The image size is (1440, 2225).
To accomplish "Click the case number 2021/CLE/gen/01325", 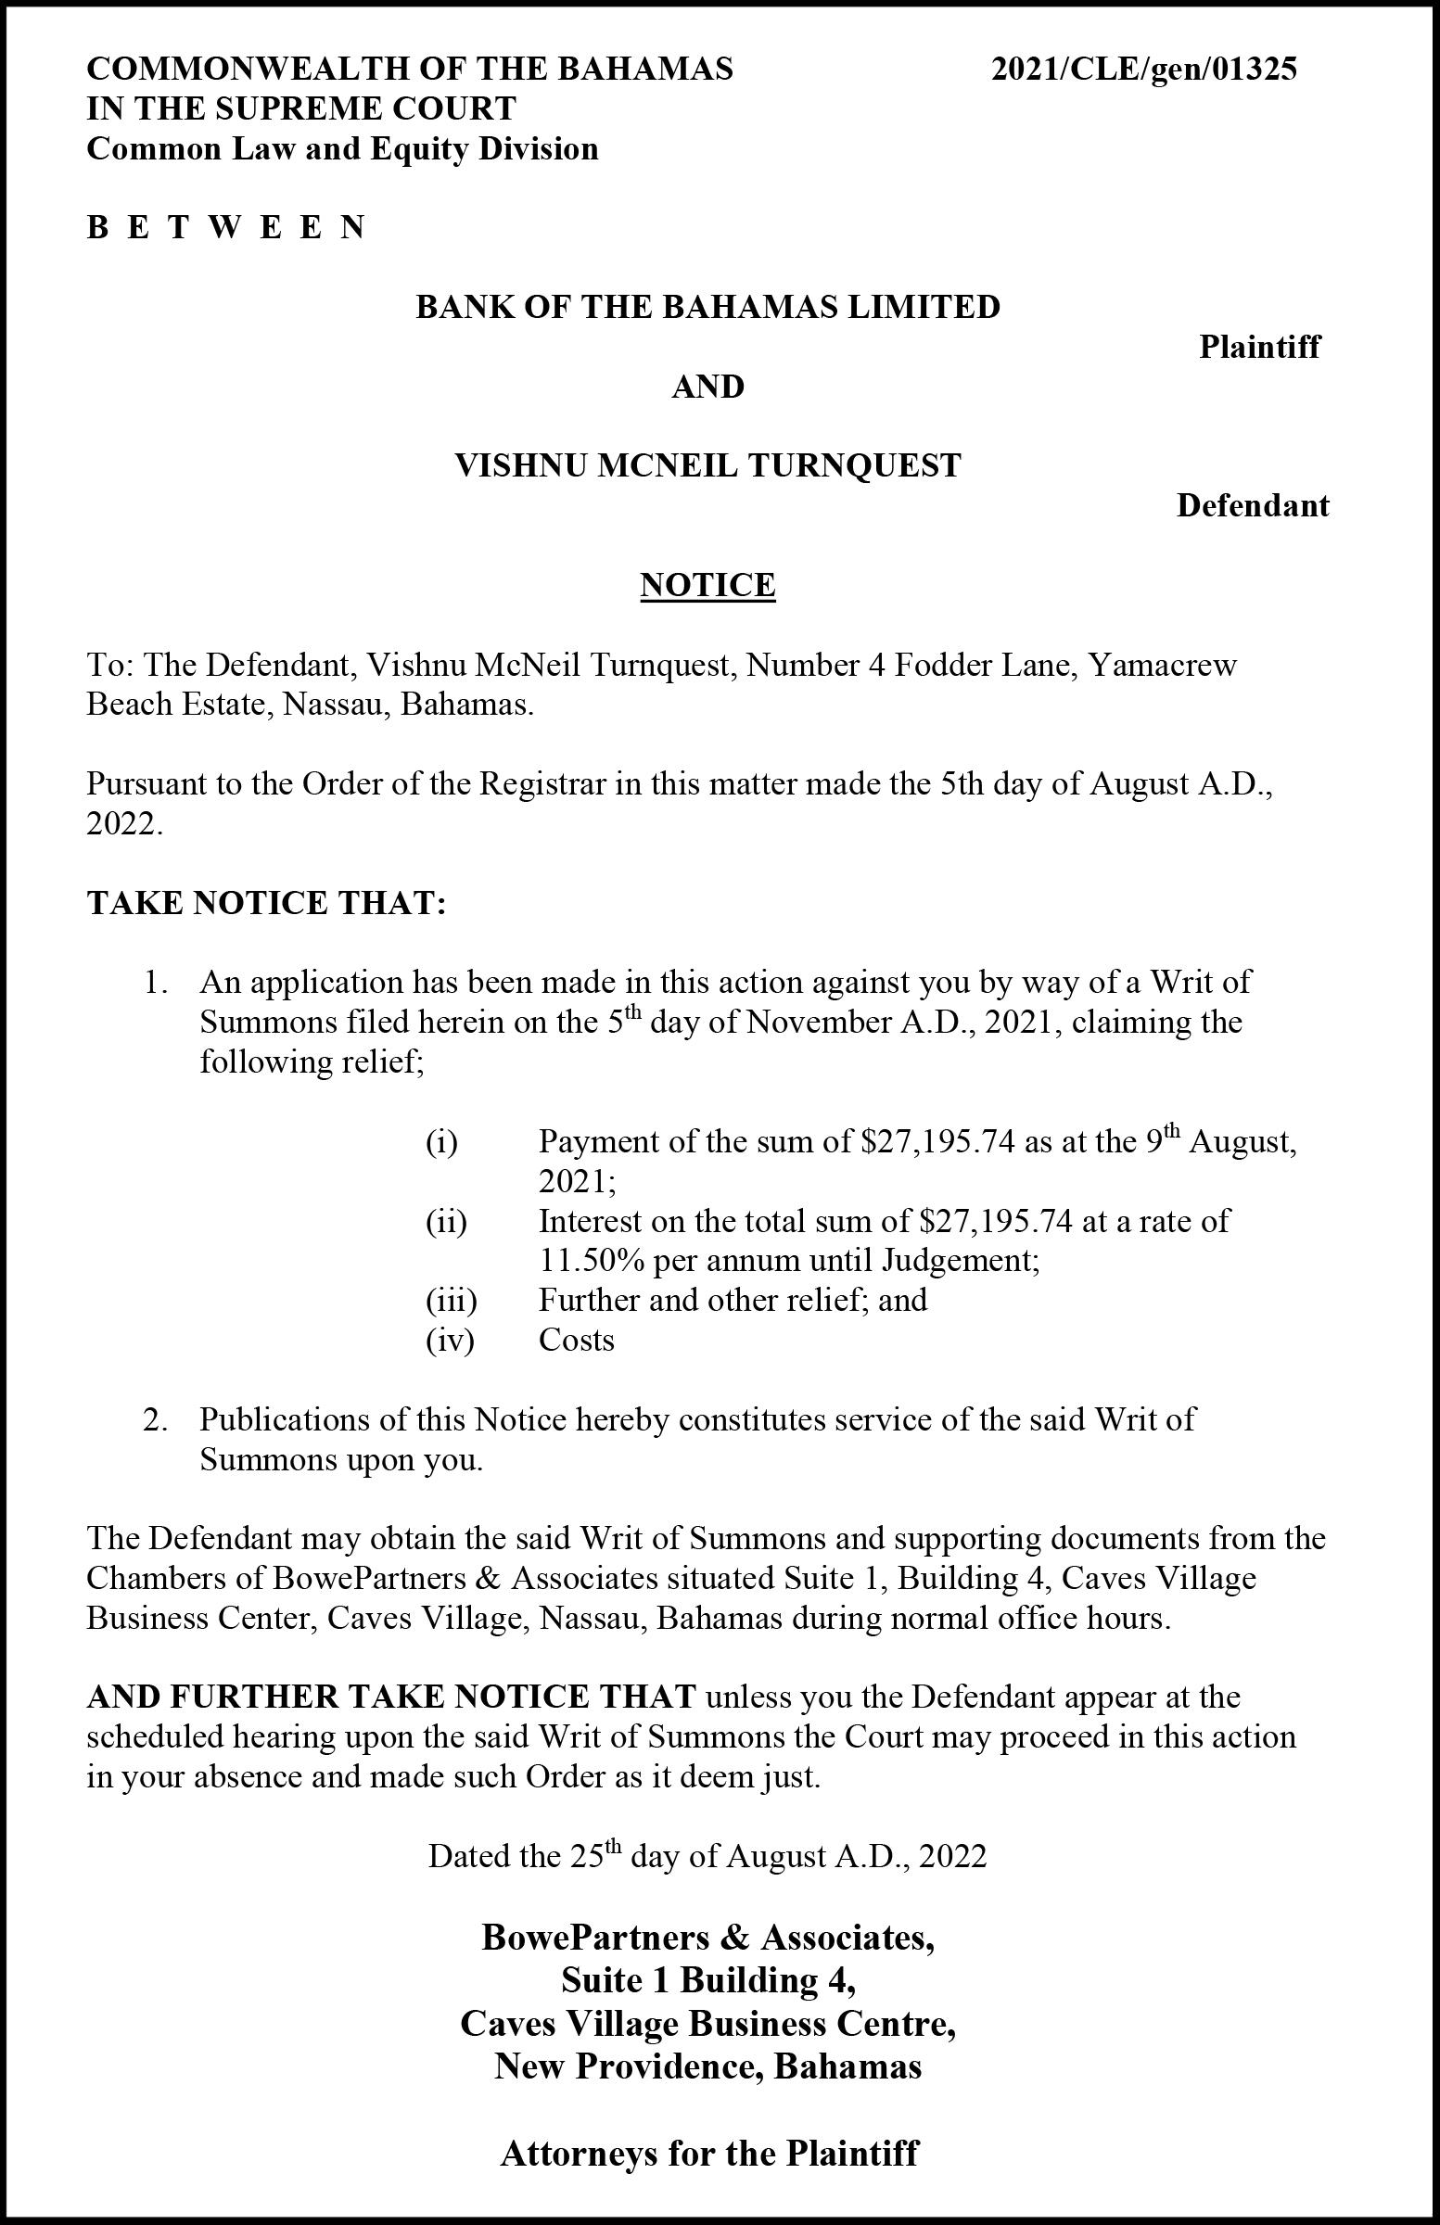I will (x=1143, y=70).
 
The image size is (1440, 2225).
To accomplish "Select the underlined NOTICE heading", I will (x=707, y=585).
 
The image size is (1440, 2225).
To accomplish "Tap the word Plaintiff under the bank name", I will (x=1259, y=348).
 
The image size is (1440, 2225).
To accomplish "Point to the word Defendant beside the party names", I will (x=1252, y=507).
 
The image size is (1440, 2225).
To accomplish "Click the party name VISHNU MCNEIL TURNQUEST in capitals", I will (x=707, y=465).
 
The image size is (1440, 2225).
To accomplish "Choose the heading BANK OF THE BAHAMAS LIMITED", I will (x=707, y=307).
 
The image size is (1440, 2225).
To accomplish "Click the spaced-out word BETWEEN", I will (x=225, y=228).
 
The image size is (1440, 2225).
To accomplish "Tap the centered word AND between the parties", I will (x=707, y=387).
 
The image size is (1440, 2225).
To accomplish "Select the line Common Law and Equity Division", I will (x=342, y=149).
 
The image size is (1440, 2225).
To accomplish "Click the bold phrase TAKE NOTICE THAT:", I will (x=266, y=904).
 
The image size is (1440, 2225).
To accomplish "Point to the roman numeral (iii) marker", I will (x=452, y=1301).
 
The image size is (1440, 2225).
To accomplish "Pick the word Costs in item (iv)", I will (x=576, y=1341).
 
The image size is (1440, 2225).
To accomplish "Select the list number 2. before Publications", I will (x=155, y=1420).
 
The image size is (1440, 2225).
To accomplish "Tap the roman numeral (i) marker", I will (x=441, y=1142).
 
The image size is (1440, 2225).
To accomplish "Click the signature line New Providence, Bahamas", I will (x=707, y=2066).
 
